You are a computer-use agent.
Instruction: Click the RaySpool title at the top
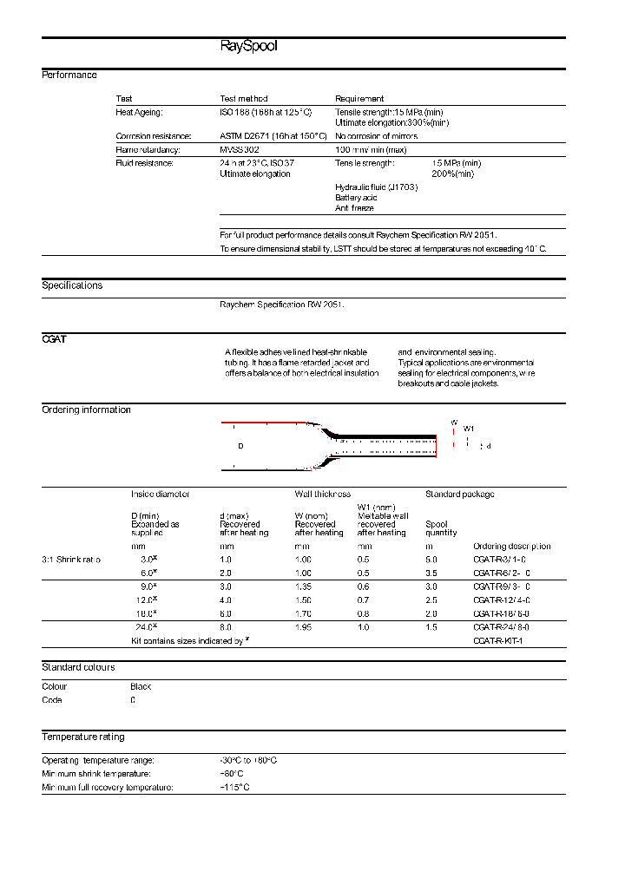tap(248, 47)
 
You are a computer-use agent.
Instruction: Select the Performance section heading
tap(69, 75)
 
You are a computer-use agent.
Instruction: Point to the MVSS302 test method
tap(239, 150)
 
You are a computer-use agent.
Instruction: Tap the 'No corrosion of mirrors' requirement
tap(376, 136)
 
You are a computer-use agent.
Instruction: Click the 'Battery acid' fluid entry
tap(356, 198)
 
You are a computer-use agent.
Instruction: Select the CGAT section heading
tap(54, 339)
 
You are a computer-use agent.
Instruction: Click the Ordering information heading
tap(86, 410)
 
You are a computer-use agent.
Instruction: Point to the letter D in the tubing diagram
tap(240, 446)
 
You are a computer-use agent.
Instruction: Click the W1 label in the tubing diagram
tap(469, 429)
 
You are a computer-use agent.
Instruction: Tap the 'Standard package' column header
tap(459, 495)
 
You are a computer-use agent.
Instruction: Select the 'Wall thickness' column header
tap(322, 495)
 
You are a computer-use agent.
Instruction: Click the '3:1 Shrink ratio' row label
tap(71, 560)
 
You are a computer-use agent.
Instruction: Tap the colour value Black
tap(141, 686)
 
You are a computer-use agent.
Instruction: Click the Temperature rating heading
tap(82, 737)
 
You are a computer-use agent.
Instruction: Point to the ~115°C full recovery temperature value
tap(237, 787)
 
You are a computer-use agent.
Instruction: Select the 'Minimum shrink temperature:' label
tap(96, 773)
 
